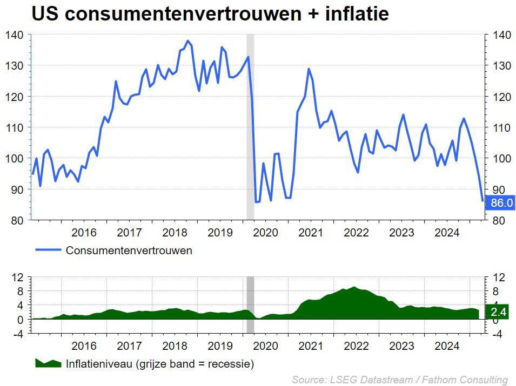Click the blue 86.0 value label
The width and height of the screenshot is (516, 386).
pyautogui.click(x=500, y=202)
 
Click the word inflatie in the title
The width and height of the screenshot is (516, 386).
pyautogui.click(x=357, y=13)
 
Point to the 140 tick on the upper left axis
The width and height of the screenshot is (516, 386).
pyautogui.click(x=14, y=35)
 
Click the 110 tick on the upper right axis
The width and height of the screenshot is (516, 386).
pyautogui.click(x=502, y=127)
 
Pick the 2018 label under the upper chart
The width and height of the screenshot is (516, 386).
pyautogui.click(x=175, y=233)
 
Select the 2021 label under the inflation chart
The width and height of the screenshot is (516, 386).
pyautogui.click(x=311, y=346)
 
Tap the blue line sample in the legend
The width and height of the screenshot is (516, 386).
pyautogui.click(x=48, y=250)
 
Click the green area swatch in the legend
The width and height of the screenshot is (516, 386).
pyautogui.click(x=48, y=363)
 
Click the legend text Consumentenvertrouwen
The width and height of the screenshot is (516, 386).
pyautogui.click(x=129, y=250)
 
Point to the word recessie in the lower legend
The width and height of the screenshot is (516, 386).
pyautogui.click(x=229, y=364)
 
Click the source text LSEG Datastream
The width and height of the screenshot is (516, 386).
pyautogui.click(x=371, y=380)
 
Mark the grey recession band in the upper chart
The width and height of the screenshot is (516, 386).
pyautogui.click(x=250, y=126)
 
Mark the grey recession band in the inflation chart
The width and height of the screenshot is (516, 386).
pyautogui.click(x=250, y=305)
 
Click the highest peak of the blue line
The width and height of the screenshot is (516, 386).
pyautogui.click(x=188, y=41)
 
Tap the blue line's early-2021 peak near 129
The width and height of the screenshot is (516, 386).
pyautogui.click(x=309, y=69)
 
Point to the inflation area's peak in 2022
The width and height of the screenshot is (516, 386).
pyautogui.click(x=354, y=287)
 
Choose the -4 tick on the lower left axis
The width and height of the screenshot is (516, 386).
pyautogui.click(x=18, y=334)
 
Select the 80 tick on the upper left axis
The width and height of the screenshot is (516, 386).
pyautogui.click(x=17, y=220)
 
